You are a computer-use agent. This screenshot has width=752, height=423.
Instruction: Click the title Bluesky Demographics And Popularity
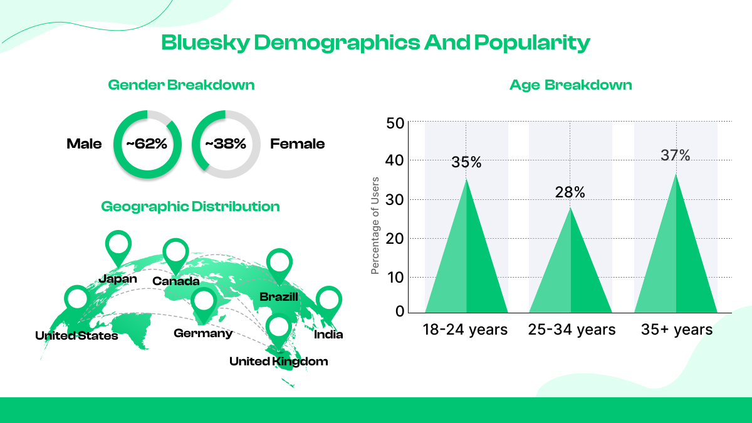(375, 43)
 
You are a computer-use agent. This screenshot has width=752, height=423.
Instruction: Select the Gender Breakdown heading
(181, 85)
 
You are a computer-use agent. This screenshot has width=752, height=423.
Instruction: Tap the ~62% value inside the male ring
(147, 144)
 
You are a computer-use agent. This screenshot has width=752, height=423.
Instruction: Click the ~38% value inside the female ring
(225, 144)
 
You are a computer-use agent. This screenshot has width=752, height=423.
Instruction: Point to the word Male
(84, 144)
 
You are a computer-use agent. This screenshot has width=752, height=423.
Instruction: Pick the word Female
(297, 144)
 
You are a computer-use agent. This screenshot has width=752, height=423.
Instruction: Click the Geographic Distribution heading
(191, 206)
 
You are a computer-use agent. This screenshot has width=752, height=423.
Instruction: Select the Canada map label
(176, 281)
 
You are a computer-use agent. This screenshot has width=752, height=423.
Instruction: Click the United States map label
(76, 336)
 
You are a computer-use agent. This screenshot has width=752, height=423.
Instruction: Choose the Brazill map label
(279, 296)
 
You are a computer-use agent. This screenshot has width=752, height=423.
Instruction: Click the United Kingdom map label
(278, 362)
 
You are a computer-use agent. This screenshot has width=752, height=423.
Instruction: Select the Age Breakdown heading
(570, 85)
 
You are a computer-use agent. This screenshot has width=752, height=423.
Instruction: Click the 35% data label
(466, 163)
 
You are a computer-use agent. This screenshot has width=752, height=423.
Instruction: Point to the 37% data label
(675, 155)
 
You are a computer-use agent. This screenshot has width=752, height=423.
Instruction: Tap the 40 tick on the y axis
(395, 161)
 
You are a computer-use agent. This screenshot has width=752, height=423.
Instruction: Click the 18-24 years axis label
(465, 330)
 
